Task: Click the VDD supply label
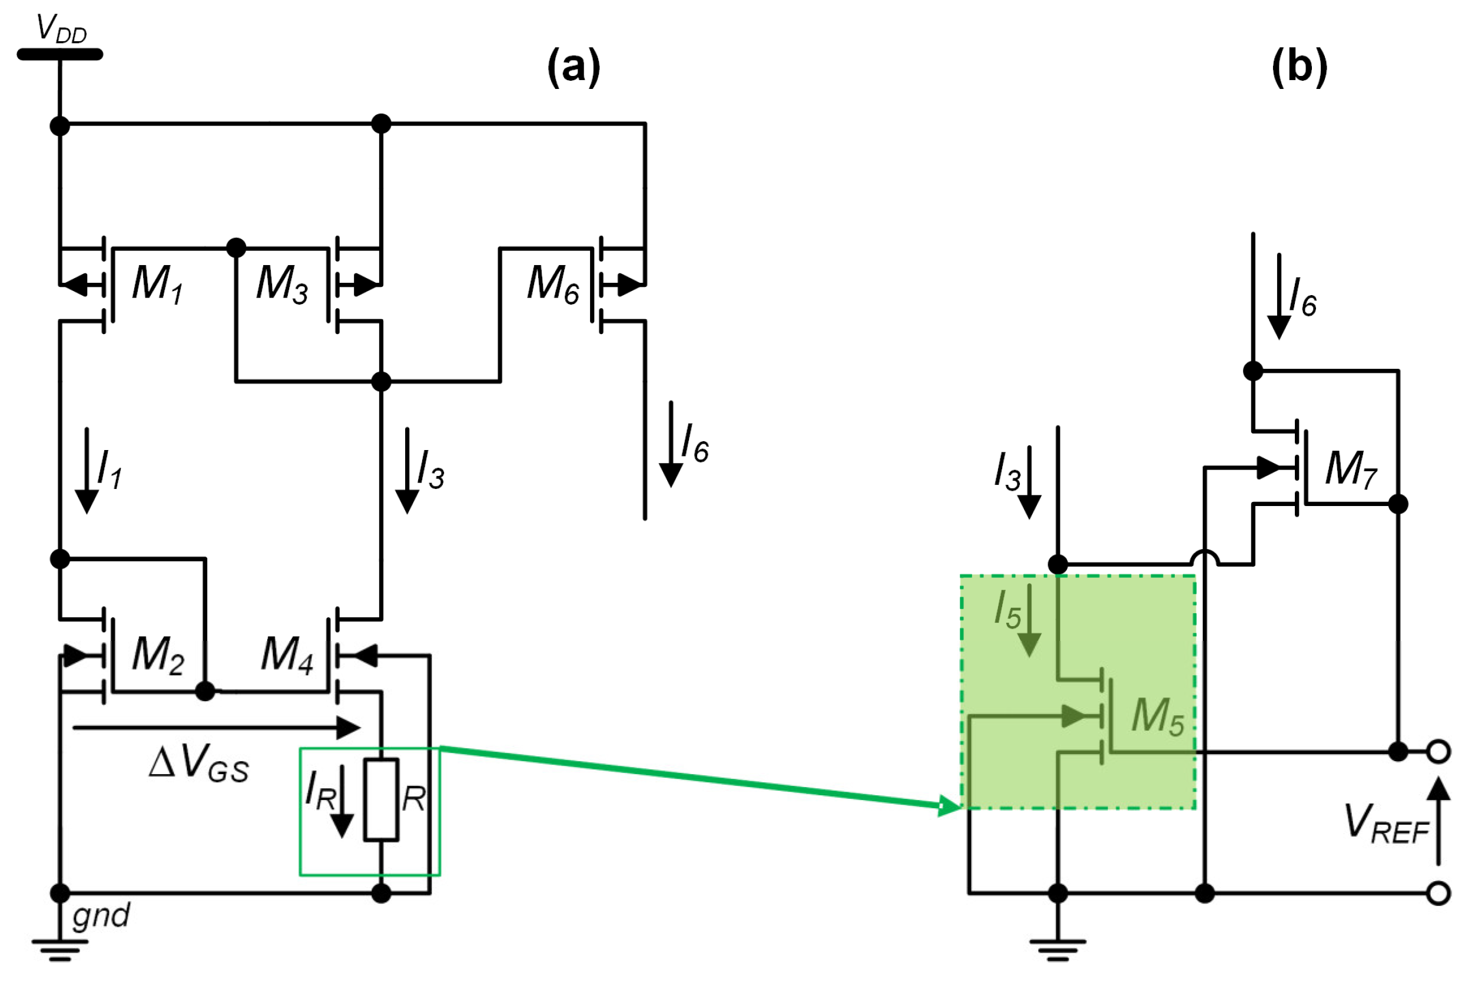[61, 29]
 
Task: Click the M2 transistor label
[158, 655]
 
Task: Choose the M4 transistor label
[287, 655]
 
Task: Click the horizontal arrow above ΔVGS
[216, 728]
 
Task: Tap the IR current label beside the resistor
[320, 791]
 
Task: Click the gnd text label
[101, 915]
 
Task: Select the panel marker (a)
[574, 67]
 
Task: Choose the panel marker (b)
[1299, 67]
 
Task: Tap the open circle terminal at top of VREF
[1439, 752]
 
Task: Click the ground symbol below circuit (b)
[1058, 950]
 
